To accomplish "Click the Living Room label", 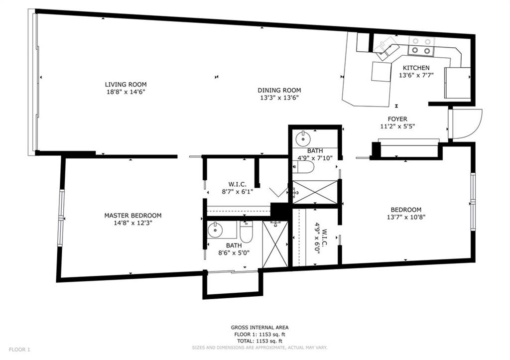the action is tap(126, 85).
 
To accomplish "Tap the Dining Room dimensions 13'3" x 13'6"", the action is tap(279, 98).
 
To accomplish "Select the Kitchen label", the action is tap(416, 68).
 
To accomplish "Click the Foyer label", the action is tap(397, 119).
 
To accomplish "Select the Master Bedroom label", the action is tap(132, 215).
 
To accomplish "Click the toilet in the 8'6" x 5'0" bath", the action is tap(246, 232).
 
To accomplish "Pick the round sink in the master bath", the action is tap(215, 230).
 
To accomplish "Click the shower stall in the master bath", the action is tap(275, 244).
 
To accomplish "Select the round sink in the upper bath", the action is tap(303, 138).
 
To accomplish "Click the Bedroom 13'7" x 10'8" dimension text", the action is tap(406, 217).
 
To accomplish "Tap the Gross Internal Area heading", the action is tap(259, 328).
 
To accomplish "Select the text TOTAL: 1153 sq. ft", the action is tap(259, 341).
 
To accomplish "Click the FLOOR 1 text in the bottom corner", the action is tap(19, 350).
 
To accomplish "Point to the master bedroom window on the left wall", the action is tap(61, 218).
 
